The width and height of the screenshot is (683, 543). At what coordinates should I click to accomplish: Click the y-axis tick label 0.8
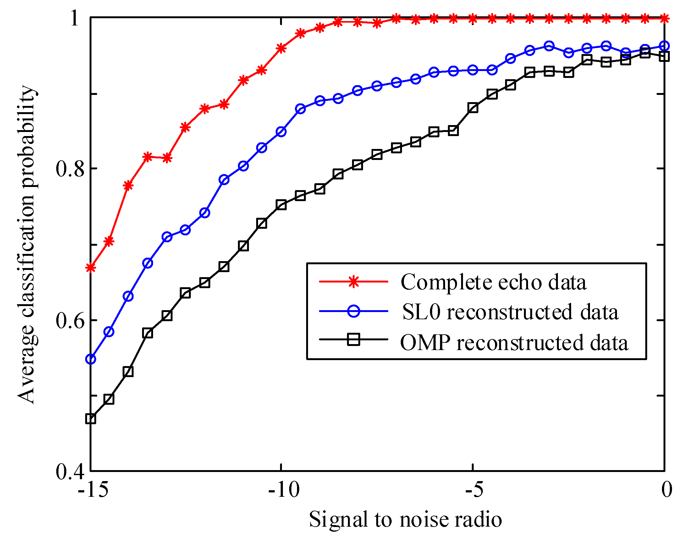(x=70, y=168)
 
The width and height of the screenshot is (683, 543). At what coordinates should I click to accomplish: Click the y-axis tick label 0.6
(x=70, y=320)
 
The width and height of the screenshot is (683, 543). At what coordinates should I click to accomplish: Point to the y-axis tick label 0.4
(x=70, y=471)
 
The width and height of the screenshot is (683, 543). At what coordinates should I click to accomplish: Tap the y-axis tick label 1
(x=75, y=18)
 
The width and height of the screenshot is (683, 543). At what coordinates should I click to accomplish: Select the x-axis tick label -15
(x=93, y=490)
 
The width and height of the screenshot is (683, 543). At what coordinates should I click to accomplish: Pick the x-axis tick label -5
(x=474, y=490)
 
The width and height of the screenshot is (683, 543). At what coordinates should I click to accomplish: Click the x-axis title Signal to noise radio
(x=405, y=520)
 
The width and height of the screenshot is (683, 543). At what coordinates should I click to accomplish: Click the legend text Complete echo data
(x=493, y=282)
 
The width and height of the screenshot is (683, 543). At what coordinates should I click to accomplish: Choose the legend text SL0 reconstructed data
(x=510, y=312)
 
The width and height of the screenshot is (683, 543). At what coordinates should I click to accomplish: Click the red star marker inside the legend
(x=354, y=281)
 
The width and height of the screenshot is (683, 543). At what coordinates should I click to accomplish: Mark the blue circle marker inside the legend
(x=354, y=311)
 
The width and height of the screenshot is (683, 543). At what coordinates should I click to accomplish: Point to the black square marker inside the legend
(x=354, y=340)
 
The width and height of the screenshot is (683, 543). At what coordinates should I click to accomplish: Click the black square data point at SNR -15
(x=91, y=419)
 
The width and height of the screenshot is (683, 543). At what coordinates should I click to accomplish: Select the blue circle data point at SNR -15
(x=91, y=359)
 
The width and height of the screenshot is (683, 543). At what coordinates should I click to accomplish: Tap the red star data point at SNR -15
(x=91, y=268)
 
